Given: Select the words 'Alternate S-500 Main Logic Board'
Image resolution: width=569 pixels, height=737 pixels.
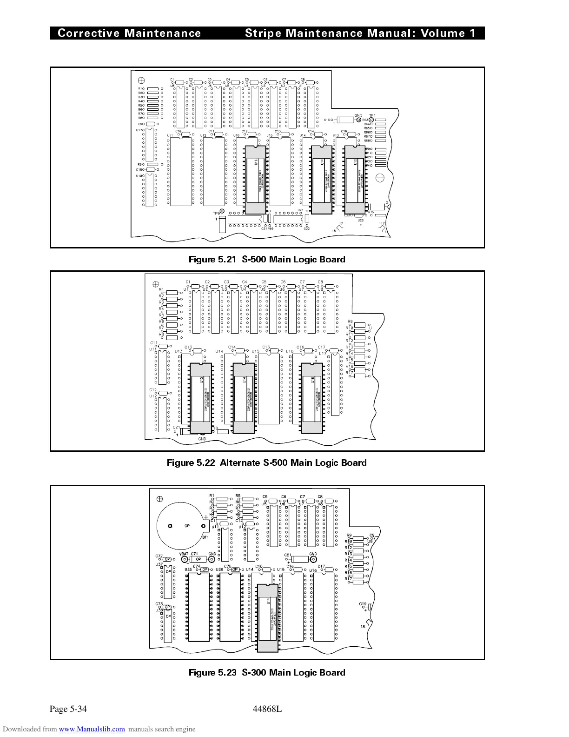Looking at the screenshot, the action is [x=293, y=463].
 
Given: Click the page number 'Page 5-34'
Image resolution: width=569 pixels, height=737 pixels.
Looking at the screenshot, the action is [x=68, y=709].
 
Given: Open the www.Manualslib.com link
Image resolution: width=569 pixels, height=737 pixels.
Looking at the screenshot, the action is [x=92, y=730].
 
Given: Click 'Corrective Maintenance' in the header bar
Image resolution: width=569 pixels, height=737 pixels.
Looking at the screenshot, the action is [x=129, y=33].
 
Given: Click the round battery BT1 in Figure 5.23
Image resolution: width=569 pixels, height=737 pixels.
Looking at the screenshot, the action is [x=181, y=526].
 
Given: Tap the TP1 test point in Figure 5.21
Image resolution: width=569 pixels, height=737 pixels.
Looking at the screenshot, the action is [x=371, y=120].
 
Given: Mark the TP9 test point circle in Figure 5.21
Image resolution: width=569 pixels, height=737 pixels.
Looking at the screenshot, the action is [x=222, y=212].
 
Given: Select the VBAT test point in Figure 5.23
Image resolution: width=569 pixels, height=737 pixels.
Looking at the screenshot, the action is [x=184, y=560].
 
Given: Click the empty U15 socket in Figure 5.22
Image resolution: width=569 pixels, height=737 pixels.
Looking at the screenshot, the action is [x=269, y=389].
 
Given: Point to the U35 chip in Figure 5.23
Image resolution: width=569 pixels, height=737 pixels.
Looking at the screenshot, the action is [x=199, y=607].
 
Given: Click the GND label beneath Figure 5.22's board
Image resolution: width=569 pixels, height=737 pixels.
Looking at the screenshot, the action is [x=202, y=439].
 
